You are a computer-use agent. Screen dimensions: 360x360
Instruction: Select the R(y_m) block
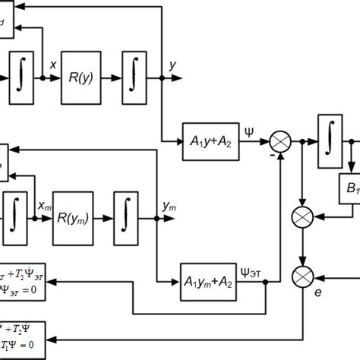pos(77,218)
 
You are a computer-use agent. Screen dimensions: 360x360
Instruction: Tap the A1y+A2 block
pos(210,141)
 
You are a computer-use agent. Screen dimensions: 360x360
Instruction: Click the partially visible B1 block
pos(347,187)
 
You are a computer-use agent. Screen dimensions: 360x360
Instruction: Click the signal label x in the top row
pos(52,66)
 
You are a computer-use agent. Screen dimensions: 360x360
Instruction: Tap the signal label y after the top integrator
pos(173,65)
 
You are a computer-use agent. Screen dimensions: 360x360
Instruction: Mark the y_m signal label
pos(169,206)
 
